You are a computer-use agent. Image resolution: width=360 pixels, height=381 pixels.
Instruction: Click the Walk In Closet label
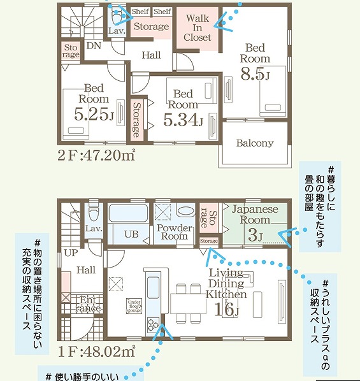pos(198,27)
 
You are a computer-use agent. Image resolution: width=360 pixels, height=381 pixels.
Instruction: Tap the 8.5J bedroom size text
pos(255,75)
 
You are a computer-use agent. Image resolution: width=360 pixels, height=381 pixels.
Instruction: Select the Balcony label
pos(255,143)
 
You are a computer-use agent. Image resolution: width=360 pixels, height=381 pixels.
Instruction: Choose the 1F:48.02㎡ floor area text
pos(97,350)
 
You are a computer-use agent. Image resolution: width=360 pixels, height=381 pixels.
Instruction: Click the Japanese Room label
pos(255,214)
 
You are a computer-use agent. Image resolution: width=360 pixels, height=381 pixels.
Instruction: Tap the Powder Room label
pos(174,232)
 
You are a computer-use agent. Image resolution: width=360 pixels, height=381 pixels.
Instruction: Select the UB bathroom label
pos(131,234)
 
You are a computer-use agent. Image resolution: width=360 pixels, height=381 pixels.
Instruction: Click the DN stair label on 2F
pos(93,46)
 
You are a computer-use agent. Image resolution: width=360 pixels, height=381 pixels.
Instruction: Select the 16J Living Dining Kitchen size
pos(226,310)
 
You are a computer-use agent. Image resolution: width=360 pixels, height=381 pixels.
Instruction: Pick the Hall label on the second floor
pos(152,55)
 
